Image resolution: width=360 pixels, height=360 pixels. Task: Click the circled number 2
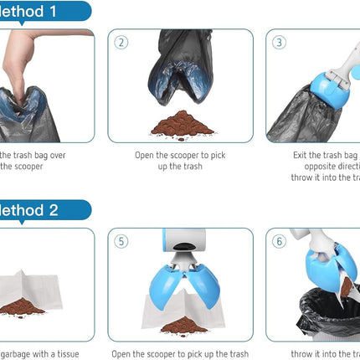122,43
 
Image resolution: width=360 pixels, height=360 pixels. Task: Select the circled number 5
122,241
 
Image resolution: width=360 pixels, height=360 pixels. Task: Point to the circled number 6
280,241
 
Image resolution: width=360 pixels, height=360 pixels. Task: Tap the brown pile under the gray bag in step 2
182,124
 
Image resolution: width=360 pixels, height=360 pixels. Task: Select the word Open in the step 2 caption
147,155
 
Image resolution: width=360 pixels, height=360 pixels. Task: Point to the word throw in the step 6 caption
305,353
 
